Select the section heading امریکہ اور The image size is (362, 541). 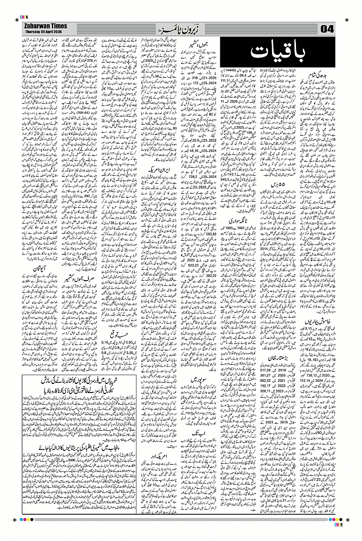[153, 459]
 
